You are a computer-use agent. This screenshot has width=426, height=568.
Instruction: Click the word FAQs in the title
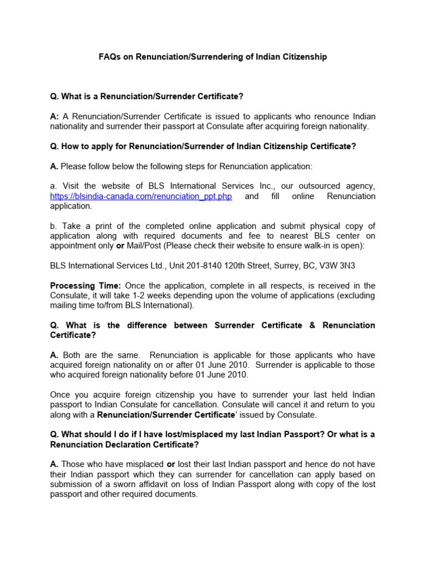tap(110, 57)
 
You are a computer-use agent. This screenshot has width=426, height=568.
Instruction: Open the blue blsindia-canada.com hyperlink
tap(141, 196)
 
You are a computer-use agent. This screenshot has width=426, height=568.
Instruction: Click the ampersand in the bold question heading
tap(312, 325)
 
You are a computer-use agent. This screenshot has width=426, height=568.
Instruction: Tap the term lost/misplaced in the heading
tap(177, 434)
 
